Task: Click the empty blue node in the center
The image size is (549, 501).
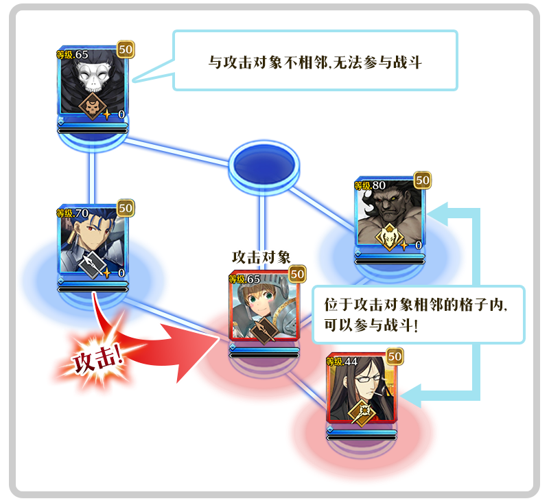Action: click(x=264, y=165)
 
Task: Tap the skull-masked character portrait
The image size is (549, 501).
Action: click(x=93, y=82)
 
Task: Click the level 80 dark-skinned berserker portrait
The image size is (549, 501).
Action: click(x=390, y=212)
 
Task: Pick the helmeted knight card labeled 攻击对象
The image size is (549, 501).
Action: click(x=264, y=305)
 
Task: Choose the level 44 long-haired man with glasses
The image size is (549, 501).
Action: click(x=362, y=388)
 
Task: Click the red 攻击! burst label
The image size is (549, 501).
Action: click(x=98, y=360)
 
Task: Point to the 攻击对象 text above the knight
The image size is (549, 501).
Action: click(x=261, y=257)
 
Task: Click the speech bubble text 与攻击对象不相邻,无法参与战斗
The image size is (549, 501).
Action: click(x=315, y=62)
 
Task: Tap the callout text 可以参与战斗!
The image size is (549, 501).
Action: click(x=371, y=325)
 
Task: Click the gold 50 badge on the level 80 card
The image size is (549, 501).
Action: click(x=423, y=180)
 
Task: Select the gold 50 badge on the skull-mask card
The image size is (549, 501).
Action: click(x=126, y=49)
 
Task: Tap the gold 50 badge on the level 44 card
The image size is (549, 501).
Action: click(x=395, y=357)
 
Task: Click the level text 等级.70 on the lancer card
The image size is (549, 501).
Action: click(x=73, y=213)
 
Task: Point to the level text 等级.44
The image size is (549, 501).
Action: click(x=342, y=361)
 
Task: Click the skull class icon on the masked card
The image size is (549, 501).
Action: click(x=92, y=106)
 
